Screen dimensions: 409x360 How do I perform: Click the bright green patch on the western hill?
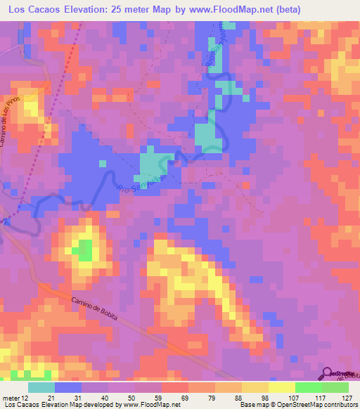point(84,249)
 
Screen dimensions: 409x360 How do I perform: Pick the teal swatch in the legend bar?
point(41,387)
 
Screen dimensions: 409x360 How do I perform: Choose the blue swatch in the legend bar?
point(68,387)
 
